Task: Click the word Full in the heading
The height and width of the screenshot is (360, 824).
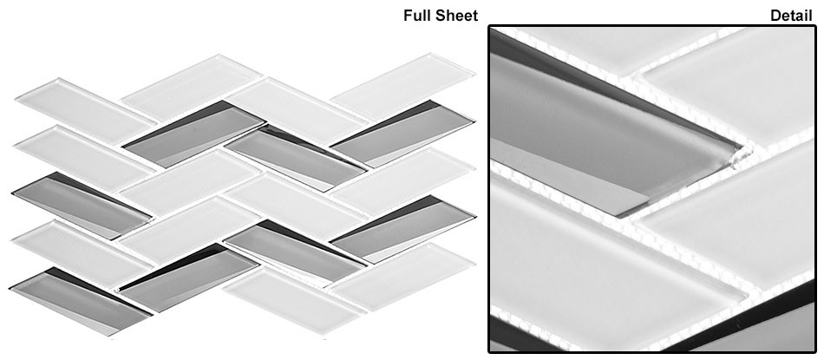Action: pyautogui.click(x=418, y=16)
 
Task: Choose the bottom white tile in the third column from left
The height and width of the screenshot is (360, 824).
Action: pyautogui.click(x=286, y=299)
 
